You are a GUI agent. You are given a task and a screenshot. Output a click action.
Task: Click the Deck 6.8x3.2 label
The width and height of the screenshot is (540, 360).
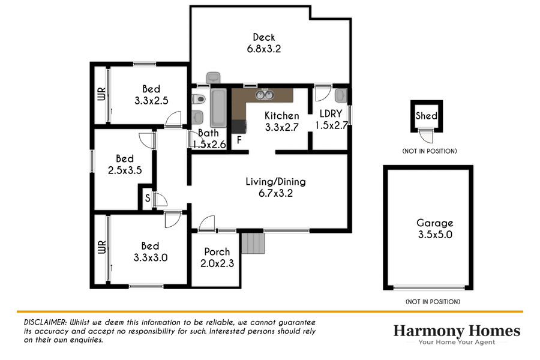point(264,43)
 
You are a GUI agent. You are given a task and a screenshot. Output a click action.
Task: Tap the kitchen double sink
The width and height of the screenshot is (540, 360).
point(265,95)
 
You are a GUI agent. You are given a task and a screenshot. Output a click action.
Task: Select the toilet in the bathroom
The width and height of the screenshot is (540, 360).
point(199,99)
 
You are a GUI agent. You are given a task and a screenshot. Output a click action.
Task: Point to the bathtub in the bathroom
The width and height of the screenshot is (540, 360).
point(218,108)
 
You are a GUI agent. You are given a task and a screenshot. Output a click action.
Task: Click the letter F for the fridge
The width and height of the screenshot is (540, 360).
point(239,140)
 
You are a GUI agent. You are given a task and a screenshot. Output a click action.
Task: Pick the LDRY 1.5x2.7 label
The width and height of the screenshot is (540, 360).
point(331,119)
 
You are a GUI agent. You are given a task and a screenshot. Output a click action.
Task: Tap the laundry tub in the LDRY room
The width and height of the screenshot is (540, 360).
point(341,95)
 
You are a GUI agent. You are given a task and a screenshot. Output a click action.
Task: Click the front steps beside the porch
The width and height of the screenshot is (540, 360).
point(253,243)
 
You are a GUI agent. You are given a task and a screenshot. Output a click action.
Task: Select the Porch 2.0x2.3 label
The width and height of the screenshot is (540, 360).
point(217,257)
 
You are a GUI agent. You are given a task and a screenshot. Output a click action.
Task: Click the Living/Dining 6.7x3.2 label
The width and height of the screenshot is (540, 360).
point(275,187)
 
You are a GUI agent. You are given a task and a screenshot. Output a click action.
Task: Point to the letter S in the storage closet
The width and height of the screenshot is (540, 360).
point(148,198)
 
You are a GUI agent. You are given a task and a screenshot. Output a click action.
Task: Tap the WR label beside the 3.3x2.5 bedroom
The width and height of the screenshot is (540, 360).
point(101,94)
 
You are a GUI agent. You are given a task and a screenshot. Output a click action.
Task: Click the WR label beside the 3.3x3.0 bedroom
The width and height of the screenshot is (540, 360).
point(102,247)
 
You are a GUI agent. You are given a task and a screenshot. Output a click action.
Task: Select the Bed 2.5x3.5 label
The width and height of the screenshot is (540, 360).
point(125,164)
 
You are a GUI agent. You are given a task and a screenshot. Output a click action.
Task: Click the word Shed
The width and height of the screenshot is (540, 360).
point(427,116)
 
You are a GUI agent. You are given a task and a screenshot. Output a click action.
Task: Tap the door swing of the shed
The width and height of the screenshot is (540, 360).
point(427,137)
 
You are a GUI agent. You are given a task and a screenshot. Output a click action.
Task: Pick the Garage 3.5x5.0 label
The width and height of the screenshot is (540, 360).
point(435,229)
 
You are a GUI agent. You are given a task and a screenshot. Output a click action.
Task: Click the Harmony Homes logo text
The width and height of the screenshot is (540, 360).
point(457,331)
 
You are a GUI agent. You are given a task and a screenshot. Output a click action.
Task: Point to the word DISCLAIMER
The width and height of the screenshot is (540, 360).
point(45,322)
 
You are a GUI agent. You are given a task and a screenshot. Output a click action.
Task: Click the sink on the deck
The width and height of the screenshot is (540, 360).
point(213,77)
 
